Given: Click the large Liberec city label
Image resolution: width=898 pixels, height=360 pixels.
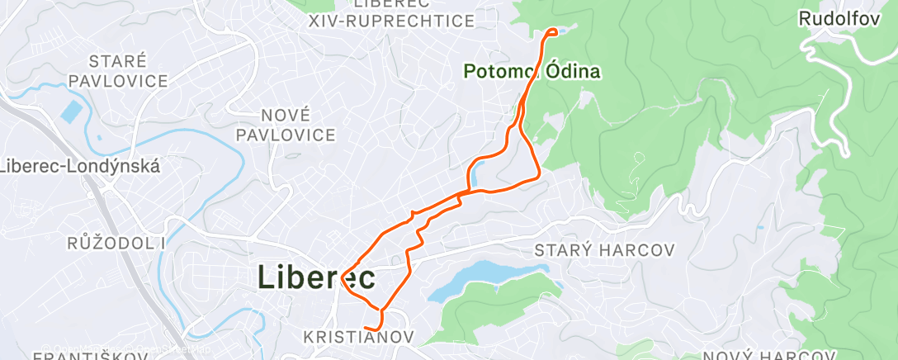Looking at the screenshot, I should point(317,277).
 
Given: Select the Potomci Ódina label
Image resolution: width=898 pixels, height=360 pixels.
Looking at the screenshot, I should point(532,72).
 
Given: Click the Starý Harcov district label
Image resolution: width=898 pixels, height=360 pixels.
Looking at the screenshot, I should point(605,249).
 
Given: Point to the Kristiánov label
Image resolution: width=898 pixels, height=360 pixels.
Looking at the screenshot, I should point(358,337).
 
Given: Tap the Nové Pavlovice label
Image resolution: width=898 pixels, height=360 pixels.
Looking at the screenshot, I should point(286,124).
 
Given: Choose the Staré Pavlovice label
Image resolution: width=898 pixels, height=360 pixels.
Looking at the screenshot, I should point(118,70).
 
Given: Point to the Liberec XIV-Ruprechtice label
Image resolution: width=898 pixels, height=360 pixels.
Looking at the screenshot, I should point(391,13).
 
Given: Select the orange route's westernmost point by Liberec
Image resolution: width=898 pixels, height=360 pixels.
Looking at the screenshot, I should point(342,278).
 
